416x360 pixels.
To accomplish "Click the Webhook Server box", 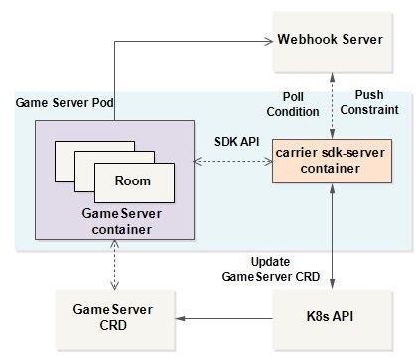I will click(x=331, y=41).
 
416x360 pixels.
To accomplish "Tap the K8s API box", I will click(x=331, y=318).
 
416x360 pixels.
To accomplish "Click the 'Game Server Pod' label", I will click(x=59, y=104).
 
